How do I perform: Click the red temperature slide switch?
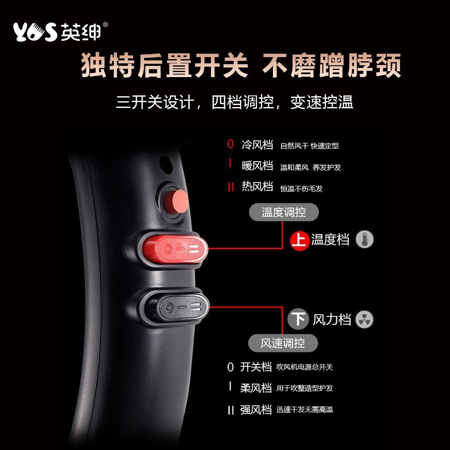pos(175,249)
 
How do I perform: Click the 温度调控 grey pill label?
pos(284,212)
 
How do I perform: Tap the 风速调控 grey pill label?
pos(283,343)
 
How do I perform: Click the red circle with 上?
pos(300,240)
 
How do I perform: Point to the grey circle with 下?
pos(298,320)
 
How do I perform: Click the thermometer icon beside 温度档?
pos(365,240)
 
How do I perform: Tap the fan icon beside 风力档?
pos(365,320)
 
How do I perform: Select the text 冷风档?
pos(257,145)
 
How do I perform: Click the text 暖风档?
pos(257,165)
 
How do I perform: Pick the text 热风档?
pos(257,186)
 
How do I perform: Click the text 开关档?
pos(256,367)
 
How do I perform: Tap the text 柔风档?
pos(256,388)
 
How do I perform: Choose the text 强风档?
pos(256,410)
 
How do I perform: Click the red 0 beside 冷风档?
pos(230,145)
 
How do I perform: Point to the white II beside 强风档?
pos(230,410)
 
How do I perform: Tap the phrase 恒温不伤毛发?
pos(301,189)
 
